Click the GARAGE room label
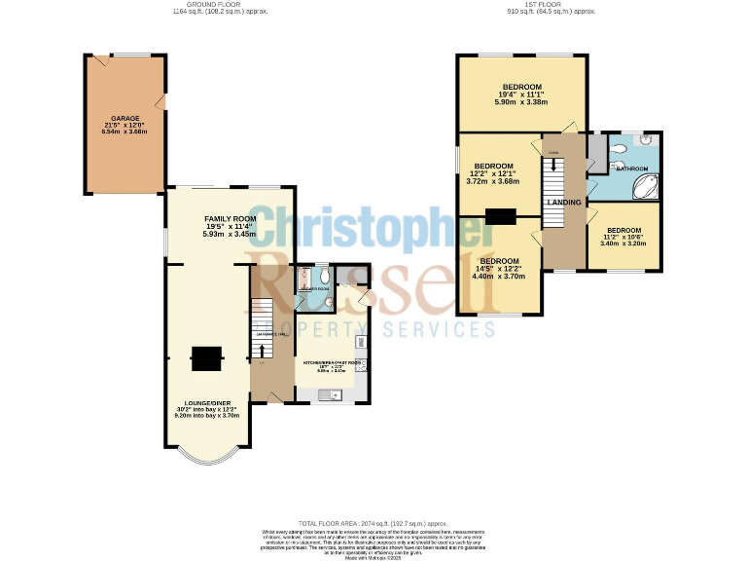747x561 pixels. [124, 118]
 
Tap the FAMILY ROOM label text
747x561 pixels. [230, 217]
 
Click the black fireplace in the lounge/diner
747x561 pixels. [205, 359]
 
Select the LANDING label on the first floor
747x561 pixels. [564, 203]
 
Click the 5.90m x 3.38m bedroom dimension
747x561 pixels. [521, 101]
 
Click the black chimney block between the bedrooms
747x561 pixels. [502, 216]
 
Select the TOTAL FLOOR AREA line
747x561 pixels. [373, 524]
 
